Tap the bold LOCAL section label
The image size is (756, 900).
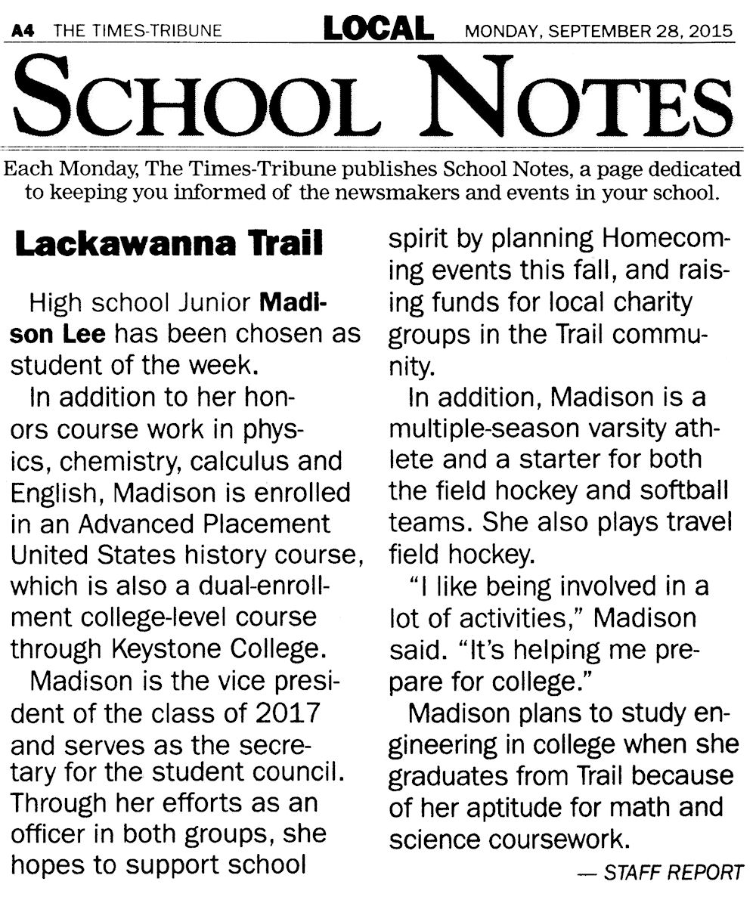click(x=378, y=29)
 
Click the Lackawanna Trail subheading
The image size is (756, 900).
click(x=169, y=245)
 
